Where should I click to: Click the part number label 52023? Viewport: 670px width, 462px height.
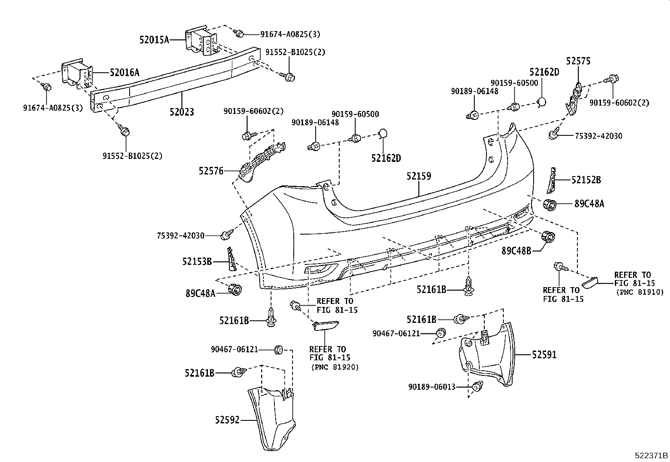(182, 112)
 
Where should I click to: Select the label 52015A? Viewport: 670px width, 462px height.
(154, 40)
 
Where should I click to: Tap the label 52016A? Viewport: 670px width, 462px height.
(124, 73)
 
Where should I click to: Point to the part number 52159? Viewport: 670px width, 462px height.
(419, 176)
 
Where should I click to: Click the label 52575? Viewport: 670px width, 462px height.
(578, 61)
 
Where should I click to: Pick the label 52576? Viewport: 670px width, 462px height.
(211, 171)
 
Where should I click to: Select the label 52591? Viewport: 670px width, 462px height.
(544, 355)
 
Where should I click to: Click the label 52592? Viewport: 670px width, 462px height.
(227, 420)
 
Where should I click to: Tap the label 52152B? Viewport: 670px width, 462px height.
(586, 180)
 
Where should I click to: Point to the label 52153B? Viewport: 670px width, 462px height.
(197, 261)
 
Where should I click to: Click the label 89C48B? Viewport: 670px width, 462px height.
(516, 251)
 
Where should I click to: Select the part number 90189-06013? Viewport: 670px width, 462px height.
(432, 387)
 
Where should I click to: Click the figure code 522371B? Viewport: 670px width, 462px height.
(651, 456)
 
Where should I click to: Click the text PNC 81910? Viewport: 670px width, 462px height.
(639, 292)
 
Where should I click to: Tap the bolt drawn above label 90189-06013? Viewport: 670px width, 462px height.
(477, 386)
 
